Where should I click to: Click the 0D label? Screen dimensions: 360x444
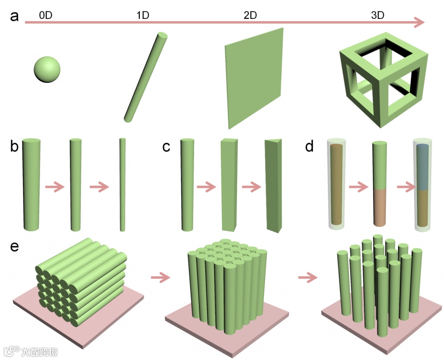46,16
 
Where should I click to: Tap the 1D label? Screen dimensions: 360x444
142,16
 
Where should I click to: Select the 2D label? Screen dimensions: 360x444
250,16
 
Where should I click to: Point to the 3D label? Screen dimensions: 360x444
377,16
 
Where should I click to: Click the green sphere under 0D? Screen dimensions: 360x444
47,69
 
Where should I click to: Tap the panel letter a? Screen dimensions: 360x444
15,17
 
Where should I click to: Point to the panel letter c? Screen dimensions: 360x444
166,147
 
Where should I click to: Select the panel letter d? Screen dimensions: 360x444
310,147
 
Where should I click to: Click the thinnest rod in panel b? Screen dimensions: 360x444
122,185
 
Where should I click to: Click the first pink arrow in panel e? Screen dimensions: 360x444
160,278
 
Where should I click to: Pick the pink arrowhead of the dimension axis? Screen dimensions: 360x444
419,22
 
